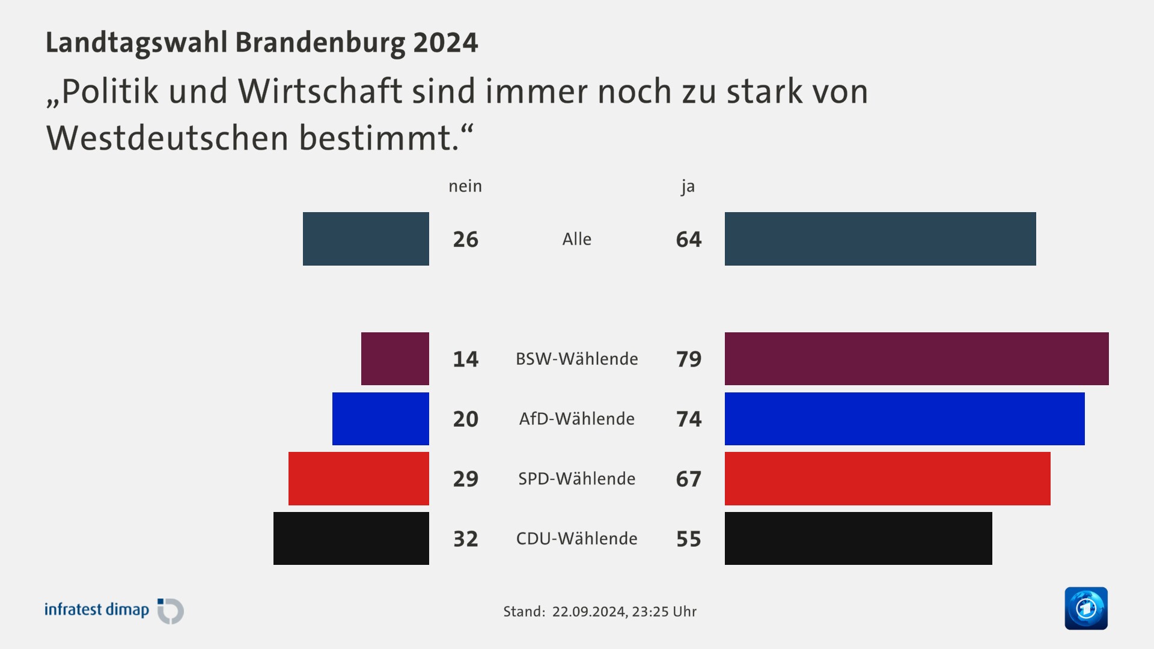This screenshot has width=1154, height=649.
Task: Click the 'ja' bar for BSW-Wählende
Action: pyautogui.click(x=917, y=359)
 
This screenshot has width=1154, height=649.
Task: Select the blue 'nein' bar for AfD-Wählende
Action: pyautogui.click(x=380, y=419)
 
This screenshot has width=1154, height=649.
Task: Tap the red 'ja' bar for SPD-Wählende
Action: pyautogui.click(x=887, y=479)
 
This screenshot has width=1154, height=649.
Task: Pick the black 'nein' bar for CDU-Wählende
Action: pyautogui.click(x=351, y=538)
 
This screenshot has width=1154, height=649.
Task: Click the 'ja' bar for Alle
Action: pyautogui.click(x=880, y=239)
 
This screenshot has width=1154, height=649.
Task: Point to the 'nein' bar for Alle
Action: pyautogui.click(x=365, y=239)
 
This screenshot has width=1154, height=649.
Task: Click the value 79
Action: pyautogui.click(x=689, y=359)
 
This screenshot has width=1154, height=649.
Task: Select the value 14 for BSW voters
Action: pyautogui.click(x=465, y=359)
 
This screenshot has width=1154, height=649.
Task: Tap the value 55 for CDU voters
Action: pyautogui.click(x=689, y=539)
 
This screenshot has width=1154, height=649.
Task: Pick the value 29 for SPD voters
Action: pyautogui.click(x=465, y=479)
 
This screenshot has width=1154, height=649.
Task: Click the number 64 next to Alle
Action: pyautogui.click(x=689, y=239)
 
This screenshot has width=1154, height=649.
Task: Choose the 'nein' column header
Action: pyautogui.click(x=465, y=186)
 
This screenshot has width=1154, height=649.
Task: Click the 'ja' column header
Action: pyautogui.click(x=688, y=187)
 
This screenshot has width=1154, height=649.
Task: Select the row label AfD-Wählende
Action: pyautogui.click(x=576, y=419)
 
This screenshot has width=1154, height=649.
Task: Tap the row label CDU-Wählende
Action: pyautogui.click(x=576, y=538)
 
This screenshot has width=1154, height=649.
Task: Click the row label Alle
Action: pyautogui.click(x=576, y=239)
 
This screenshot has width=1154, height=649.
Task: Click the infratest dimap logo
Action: pyautogui.click(x=114, y=611)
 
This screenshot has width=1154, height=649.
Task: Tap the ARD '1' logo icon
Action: pyautogui.click(x=1085, y=608)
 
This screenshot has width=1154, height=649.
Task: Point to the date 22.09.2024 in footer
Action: pyautogui.click(x=588, y=612)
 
